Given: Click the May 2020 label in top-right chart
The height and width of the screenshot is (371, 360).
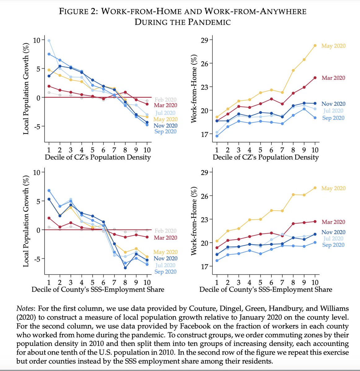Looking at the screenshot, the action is (x=333, y=46).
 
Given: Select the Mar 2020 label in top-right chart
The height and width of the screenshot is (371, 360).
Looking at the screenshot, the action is (x=333, y=78).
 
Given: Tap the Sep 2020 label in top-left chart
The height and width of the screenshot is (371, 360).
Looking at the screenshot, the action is (x=165, y=132).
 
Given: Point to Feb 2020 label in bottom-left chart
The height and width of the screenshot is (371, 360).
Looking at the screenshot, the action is (x=165, y=231).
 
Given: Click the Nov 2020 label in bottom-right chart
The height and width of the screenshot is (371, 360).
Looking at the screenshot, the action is (x=333, y=232).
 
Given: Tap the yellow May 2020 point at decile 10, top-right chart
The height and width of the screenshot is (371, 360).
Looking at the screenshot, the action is (x=315, y=45).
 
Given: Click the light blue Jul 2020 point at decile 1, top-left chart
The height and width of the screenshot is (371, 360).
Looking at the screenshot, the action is (x=49, y=41).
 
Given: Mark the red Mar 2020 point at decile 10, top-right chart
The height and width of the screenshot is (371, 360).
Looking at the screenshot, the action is (x=315, y=78).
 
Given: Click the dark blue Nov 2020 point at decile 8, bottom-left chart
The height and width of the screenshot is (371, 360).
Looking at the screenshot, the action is (x=125, y=268).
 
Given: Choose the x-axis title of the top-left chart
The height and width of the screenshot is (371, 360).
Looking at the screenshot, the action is (x=98, y=157).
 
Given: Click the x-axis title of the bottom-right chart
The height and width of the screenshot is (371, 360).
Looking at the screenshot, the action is (x=266, y=290).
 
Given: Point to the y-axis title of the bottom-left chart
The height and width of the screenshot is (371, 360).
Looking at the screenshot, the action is (x=26, y=222).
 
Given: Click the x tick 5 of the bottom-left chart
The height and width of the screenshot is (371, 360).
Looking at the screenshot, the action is (x=93, y=283).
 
